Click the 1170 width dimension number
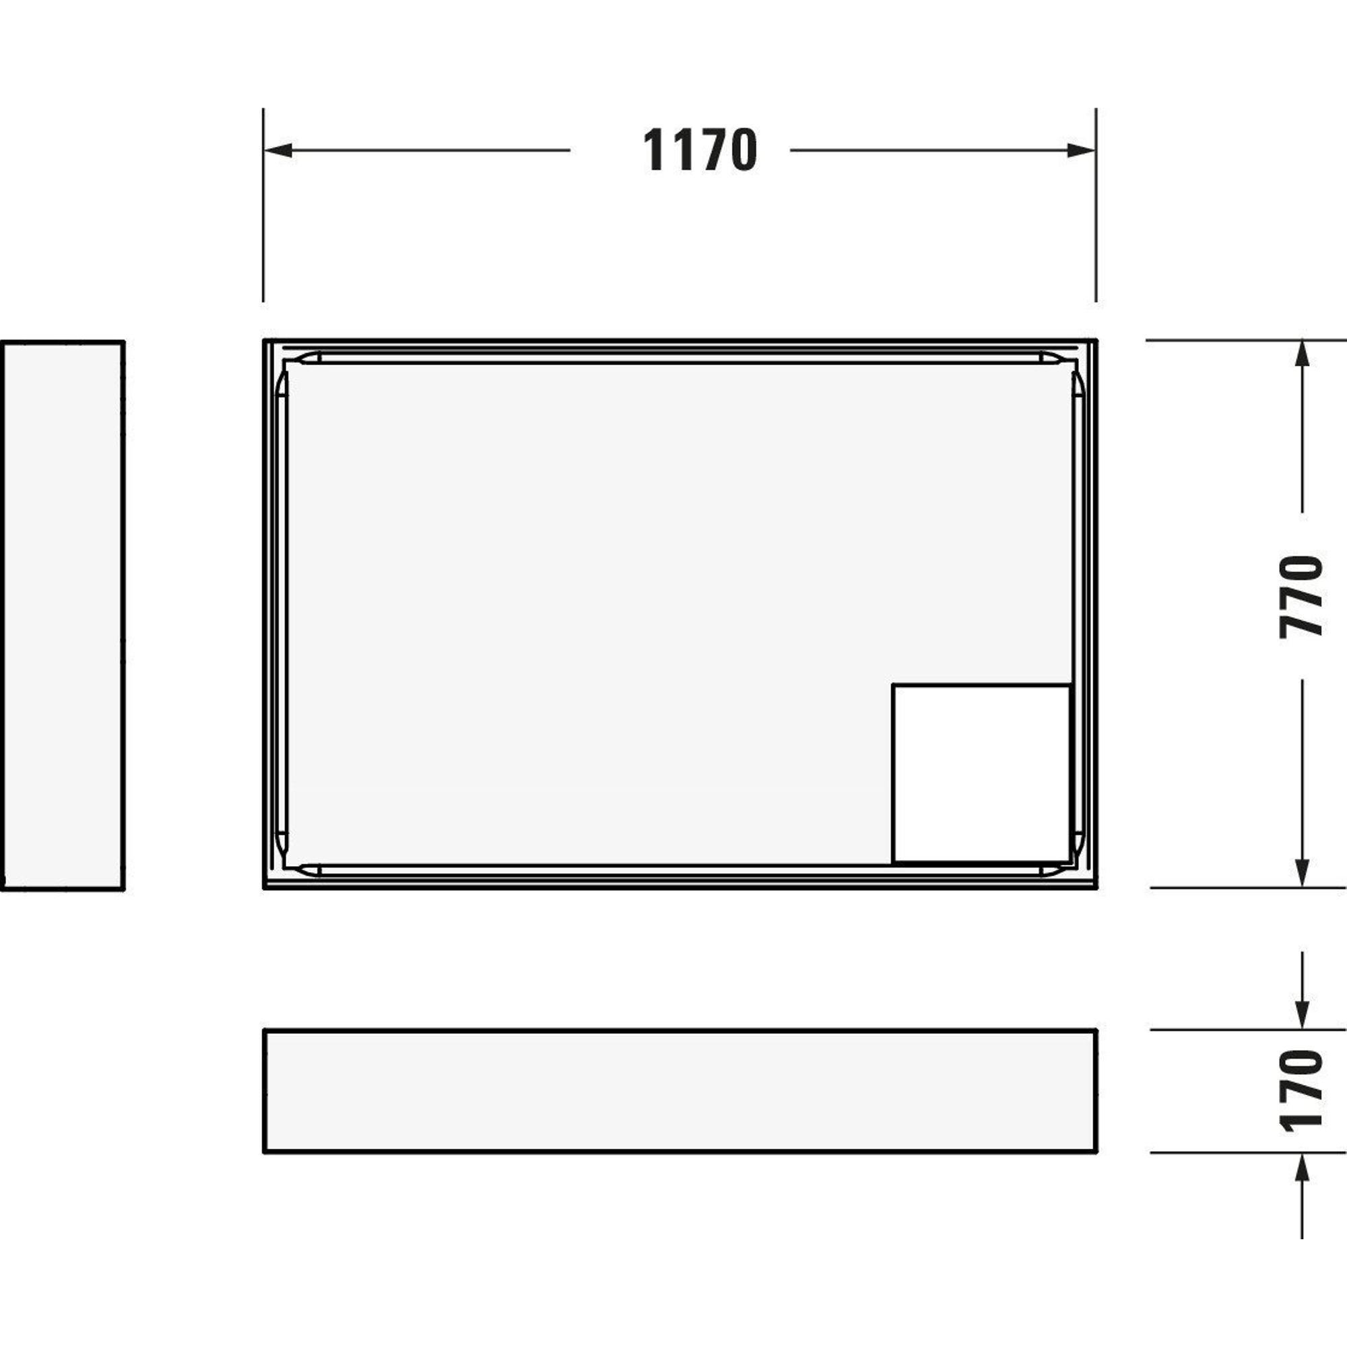click(699, 150)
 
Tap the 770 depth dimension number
click(1301, 596)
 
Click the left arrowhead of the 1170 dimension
click(277, 150)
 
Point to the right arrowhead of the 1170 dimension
click(1082, 150)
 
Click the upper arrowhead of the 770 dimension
click(1301, 354)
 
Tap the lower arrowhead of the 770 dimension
click(1301, 873)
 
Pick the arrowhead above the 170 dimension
click(1301, 1016)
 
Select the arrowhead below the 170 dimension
click(1301, 1167)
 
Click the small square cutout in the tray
click(981, 773)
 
